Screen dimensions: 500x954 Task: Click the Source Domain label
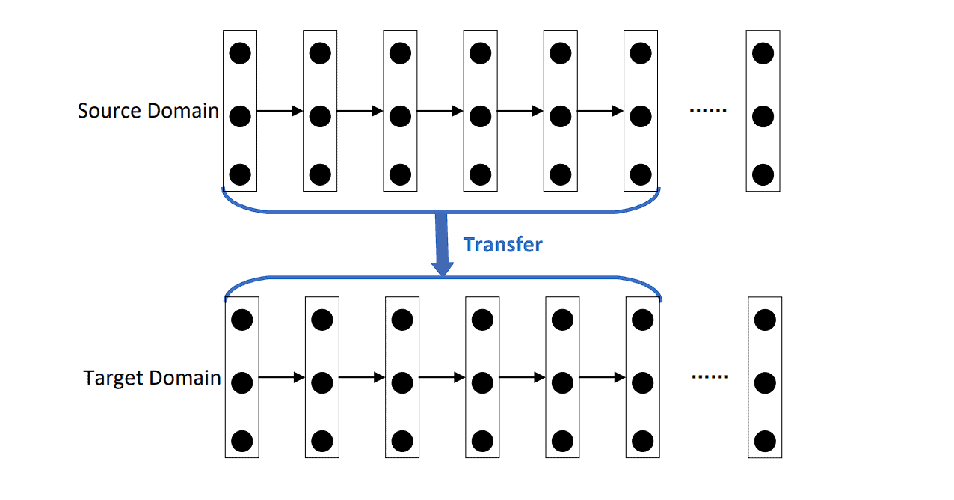coord(148,112)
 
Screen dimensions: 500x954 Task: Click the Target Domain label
coord(152,378)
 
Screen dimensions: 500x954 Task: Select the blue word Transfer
coord(502,245)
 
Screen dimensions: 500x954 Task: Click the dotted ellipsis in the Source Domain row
coord(707,111)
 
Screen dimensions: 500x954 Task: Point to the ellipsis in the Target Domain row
coord(710,377)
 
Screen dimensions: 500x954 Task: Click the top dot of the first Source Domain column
coord(240,53)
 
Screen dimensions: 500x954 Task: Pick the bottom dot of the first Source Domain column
coord(240,175)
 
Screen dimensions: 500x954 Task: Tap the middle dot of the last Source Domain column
coord(763,117)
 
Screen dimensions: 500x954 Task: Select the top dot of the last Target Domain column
coord(765,320)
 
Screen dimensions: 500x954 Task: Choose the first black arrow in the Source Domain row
coord(280,112)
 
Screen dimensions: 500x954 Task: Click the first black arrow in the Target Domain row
coord(282,378)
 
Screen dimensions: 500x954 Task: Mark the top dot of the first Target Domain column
coord(241,320)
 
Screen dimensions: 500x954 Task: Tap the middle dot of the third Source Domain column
coord(400,117)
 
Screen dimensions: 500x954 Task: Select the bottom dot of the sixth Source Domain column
coord(641,175)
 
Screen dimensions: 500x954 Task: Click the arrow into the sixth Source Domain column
coord(600,112)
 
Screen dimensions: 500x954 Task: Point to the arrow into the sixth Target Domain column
coord(603,378)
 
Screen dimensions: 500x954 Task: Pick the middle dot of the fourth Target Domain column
coord(482,383)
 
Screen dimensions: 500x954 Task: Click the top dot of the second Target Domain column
coord(322,320)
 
